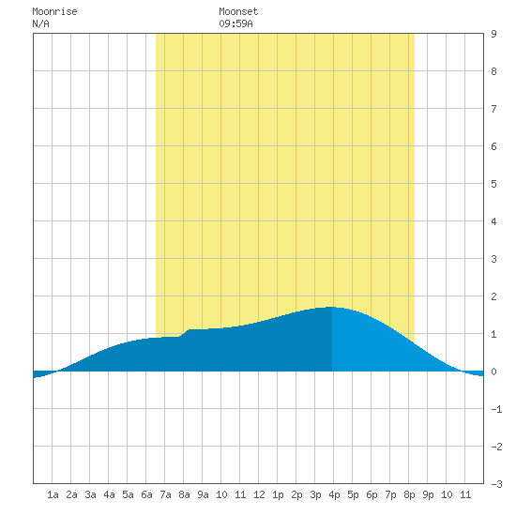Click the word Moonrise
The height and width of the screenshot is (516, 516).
point(54,11)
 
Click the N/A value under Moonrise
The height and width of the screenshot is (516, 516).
point(40,23)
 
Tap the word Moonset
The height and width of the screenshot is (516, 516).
point(238,11)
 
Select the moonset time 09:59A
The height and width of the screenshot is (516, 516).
point(235,23)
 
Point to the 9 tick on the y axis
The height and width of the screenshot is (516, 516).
point(493,34)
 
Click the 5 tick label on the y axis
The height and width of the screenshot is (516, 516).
point(493,184)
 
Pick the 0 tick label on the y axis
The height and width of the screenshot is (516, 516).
point(493,372)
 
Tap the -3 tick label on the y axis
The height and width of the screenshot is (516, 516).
point(496,484)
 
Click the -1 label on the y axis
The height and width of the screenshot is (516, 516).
point(496,409)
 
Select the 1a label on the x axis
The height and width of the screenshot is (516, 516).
point(53,494)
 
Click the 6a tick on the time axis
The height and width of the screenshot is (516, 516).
point(146,494)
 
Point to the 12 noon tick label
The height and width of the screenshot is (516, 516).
point(259,494)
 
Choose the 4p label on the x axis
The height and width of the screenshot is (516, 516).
point(334,494)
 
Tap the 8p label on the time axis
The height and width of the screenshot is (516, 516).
point(409,494)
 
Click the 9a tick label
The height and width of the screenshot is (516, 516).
point(203,494)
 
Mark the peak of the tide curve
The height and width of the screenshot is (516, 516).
point(332,307)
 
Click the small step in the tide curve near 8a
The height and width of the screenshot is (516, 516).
point(184,333)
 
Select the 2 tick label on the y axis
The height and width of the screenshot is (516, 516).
point(493,296)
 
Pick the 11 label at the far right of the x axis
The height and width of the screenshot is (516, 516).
point(465,494)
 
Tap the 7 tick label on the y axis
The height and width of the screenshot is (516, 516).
point(493,109)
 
